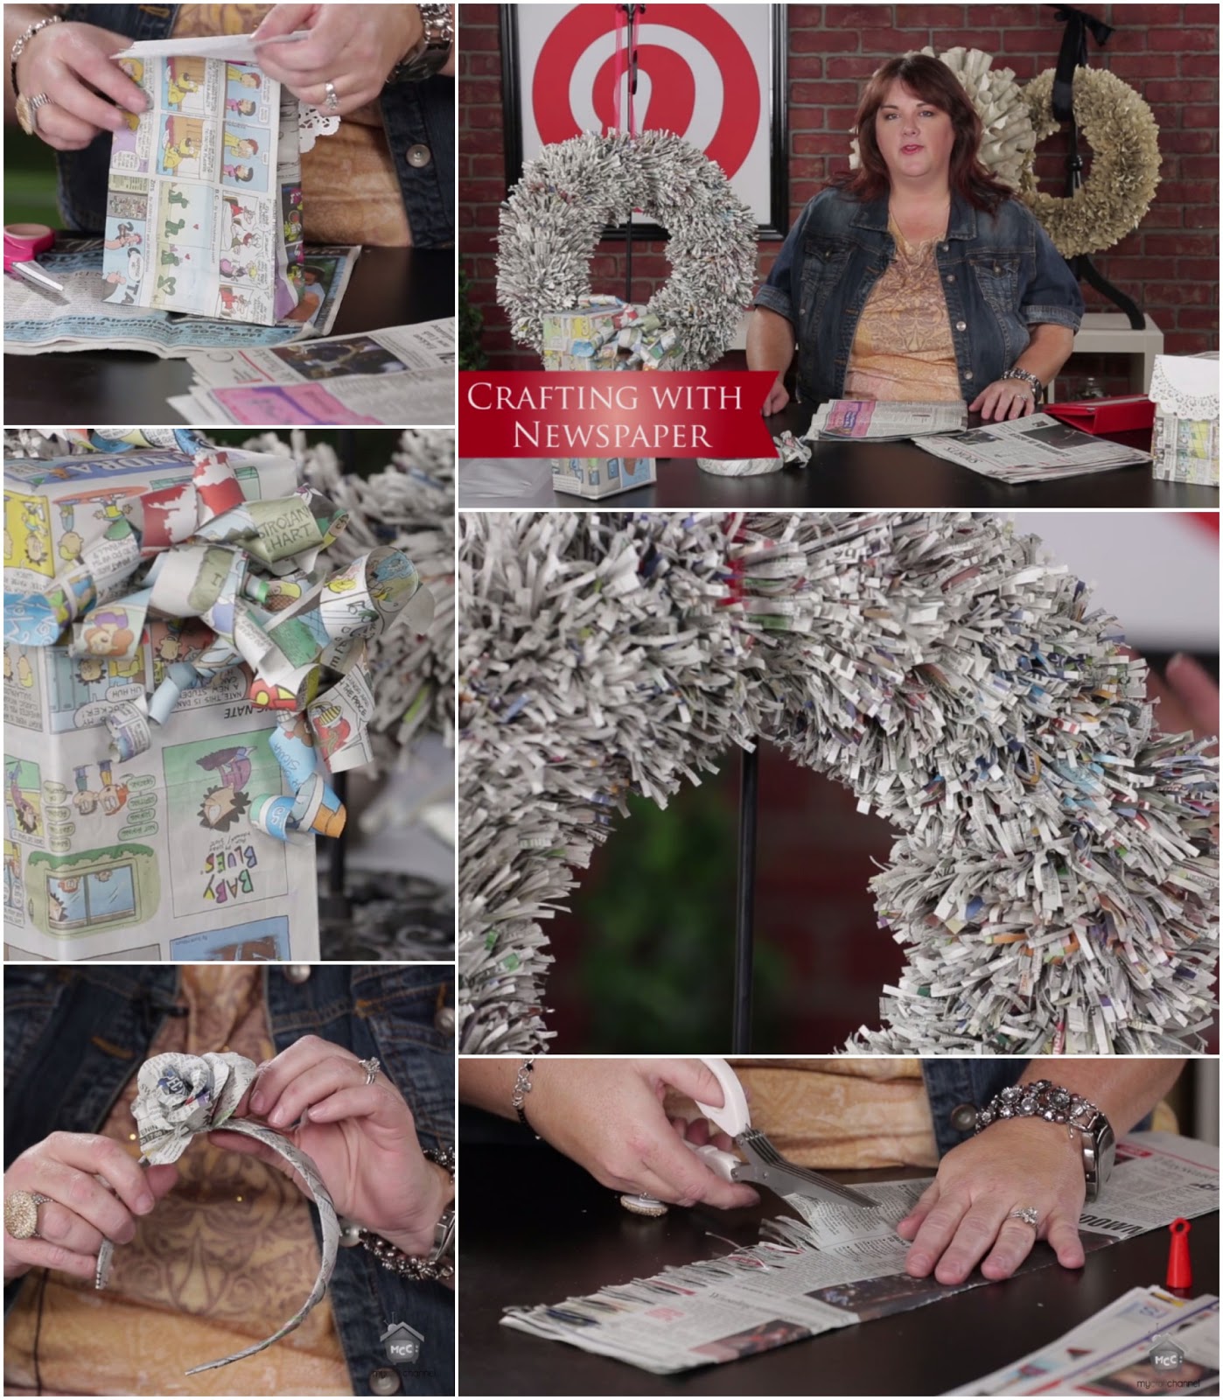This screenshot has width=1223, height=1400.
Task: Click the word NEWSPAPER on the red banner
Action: point(611,435)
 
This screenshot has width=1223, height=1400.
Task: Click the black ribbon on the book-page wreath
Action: point(1066,70)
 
